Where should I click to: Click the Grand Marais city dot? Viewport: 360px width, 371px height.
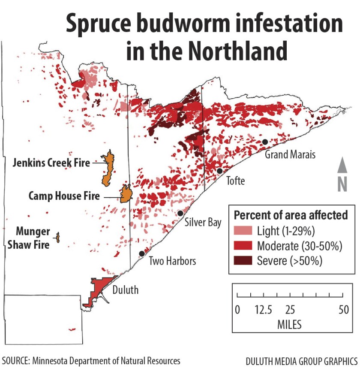(x=265, y=142)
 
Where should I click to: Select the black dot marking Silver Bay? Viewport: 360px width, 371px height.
(x=180, y=213)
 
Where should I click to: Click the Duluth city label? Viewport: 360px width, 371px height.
(x=125, y=290)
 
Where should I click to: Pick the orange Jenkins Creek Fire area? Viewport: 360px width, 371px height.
(x=108, y=168)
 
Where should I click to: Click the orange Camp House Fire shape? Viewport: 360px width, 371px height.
(x=126, y=194)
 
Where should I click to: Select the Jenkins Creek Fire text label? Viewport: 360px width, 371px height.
(x=51, y=163)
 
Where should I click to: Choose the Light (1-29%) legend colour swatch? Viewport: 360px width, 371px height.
(x=243, y=232)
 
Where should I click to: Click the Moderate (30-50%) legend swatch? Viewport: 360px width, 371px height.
(x=243, y=246)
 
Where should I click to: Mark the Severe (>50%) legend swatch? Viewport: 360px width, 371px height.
(x=243, y=260)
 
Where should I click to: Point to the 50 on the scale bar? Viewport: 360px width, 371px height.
(x=343, y=310)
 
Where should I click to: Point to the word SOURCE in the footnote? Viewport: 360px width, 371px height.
(x=16, y=361)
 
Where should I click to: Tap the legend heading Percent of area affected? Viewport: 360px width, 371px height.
(x=291, y=215)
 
